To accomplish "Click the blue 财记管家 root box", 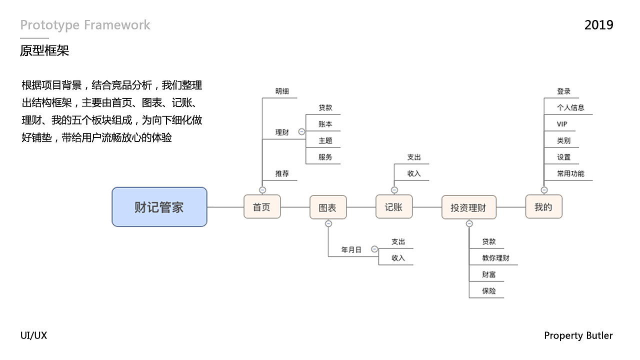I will pyautogui.click(x=159, y=207).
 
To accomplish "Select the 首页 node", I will pyautogui.click(x=262, y=207).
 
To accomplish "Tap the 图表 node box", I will pyautogui.click(x=328, y=207).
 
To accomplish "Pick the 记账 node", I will pyautogui.click(x=394, y=207).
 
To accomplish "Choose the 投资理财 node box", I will pyautogui.click(x=468, y=207).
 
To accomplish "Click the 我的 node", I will pyautogui.click(x=543, y=207).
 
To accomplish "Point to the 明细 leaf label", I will pyautogui.click(x=282, y=91).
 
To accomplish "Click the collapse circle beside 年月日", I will pyautogui.click(x=374, y=249).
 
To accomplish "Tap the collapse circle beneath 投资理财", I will pyautogui.click(x=469, y=224).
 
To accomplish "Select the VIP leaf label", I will pyautogui.click(x=562, y=124).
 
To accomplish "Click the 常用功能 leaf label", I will pyautogui.click(x=570, y=173).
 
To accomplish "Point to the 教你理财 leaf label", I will pyautogui.click(x=495, y=258).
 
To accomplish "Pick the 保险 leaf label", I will pyautogui.click(x=489, y=290).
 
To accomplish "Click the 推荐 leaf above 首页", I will pyautogui.click(x=282, y=173).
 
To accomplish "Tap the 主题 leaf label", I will pyautogui.click(x=325, y=140).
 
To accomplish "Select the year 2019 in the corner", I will pyautogui.click(x=598, y=25).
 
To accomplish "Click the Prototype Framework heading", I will pyautogui.click(x=85, y=25).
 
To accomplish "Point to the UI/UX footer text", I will pyautogui.click(x=33, y=335).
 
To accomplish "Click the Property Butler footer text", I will pyautogui.click(x=578, y=335).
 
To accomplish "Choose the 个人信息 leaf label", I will pyautogui.click(x=570, y=107).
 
